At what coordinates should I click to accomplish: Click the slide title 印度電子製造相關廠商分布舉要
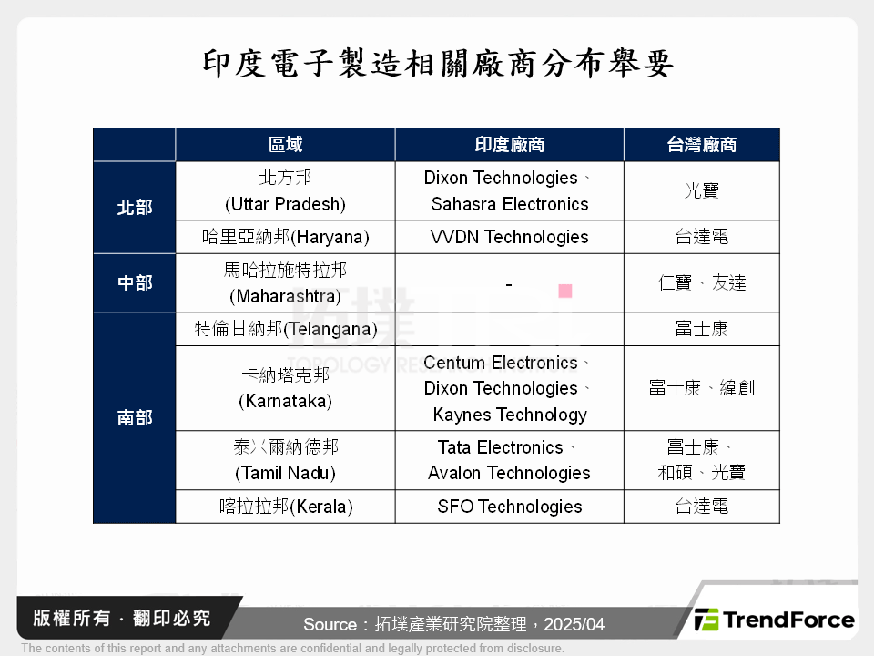pyautogui.click(x=437, y=64)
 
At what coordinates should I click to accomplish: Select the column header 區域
pyautogui.click(x=285, y=145)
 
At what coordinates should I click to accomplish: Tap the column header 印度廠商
pyautogui.click(x=509, y=145)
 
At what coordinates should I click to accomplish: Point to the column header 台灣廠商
pyautogui.click(x=701, y=145)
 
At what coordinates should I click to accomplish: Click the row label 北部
pyautogui.click(x=135, y=208)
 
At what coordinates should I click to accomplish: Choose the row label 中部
pyautogui.click(x=135, y=283)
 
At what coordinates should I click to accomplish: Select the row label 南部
pyautogui.click(x=135, y=418)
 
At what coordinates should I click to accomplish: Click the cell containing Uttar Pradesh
pyautogui.click(x=285, y=191)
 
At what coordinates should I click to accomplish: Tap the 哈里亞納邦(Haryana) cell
pyautogui.click(x=285, y=237)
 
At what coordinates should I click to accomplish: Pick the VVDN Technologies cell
pyautogui.click(x=509, y=237)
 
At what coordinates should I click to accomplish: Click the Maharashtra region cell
pyautogui.click(x=285, y=283)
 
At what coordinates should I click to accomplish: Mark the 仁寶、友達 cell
pyautogui.click(x=701, y=283)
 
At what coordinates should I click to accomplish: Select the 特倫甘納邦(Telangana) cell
pyautogui.click(x=285, y=329)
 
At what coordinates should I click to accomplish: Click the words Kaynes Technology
pyautogui.click(x=510, y=415)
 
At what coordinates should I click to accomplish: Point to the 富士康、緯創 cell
pyautogui.click(x=701, y=388)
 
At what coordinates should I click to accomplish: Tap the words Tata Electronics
pyautogui.click(x=501, y=447)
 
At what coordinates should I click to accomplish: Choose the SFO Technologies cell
pyautogui.click(x=509, y=507)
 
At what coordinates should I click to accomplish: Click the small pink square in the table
pyautogui.click(x=564, y=291)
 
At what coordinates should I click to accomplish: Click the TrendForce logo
pyautogui.click(x=774, y=620)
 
